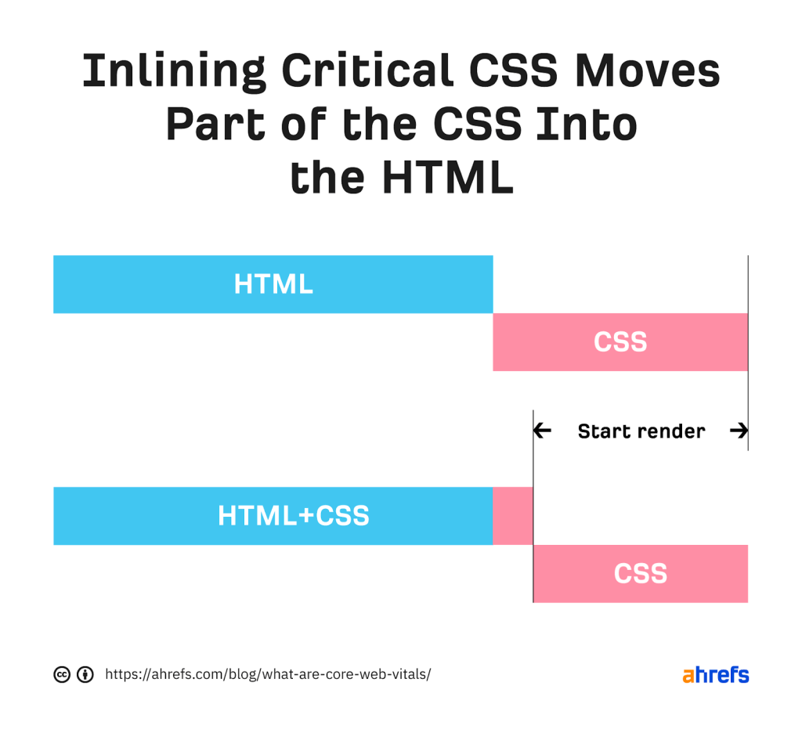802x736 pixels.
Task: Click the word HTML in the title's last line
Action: click(447, 179)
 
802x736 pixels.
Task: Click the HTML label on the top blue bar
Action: click(273, 284)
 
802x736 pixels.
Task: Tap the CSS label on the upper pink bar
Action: click(620, 342)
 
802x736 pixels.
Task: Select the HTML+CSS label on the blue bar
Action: click(293, 516)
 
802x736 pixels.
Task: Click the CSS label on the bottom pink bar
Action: click(640, 574)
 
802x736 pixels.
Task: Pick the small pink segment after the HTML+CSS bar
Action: click(513, 516)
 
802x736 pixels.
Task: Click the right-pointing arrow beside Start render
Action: click(738, 431)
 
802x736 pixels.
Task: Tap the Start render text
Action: click(641, 431)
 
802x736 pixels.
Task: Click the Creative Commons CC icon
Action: click(62, 674)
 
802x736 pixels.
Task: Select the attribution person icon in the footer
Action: click(85, 674)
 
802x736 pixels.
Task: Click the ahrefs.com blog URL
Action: click(268, 674)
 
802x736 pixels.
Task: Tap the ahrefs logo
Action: click(715, 674)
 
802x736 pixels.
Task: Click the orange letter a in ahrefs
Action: click(688, 676)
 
